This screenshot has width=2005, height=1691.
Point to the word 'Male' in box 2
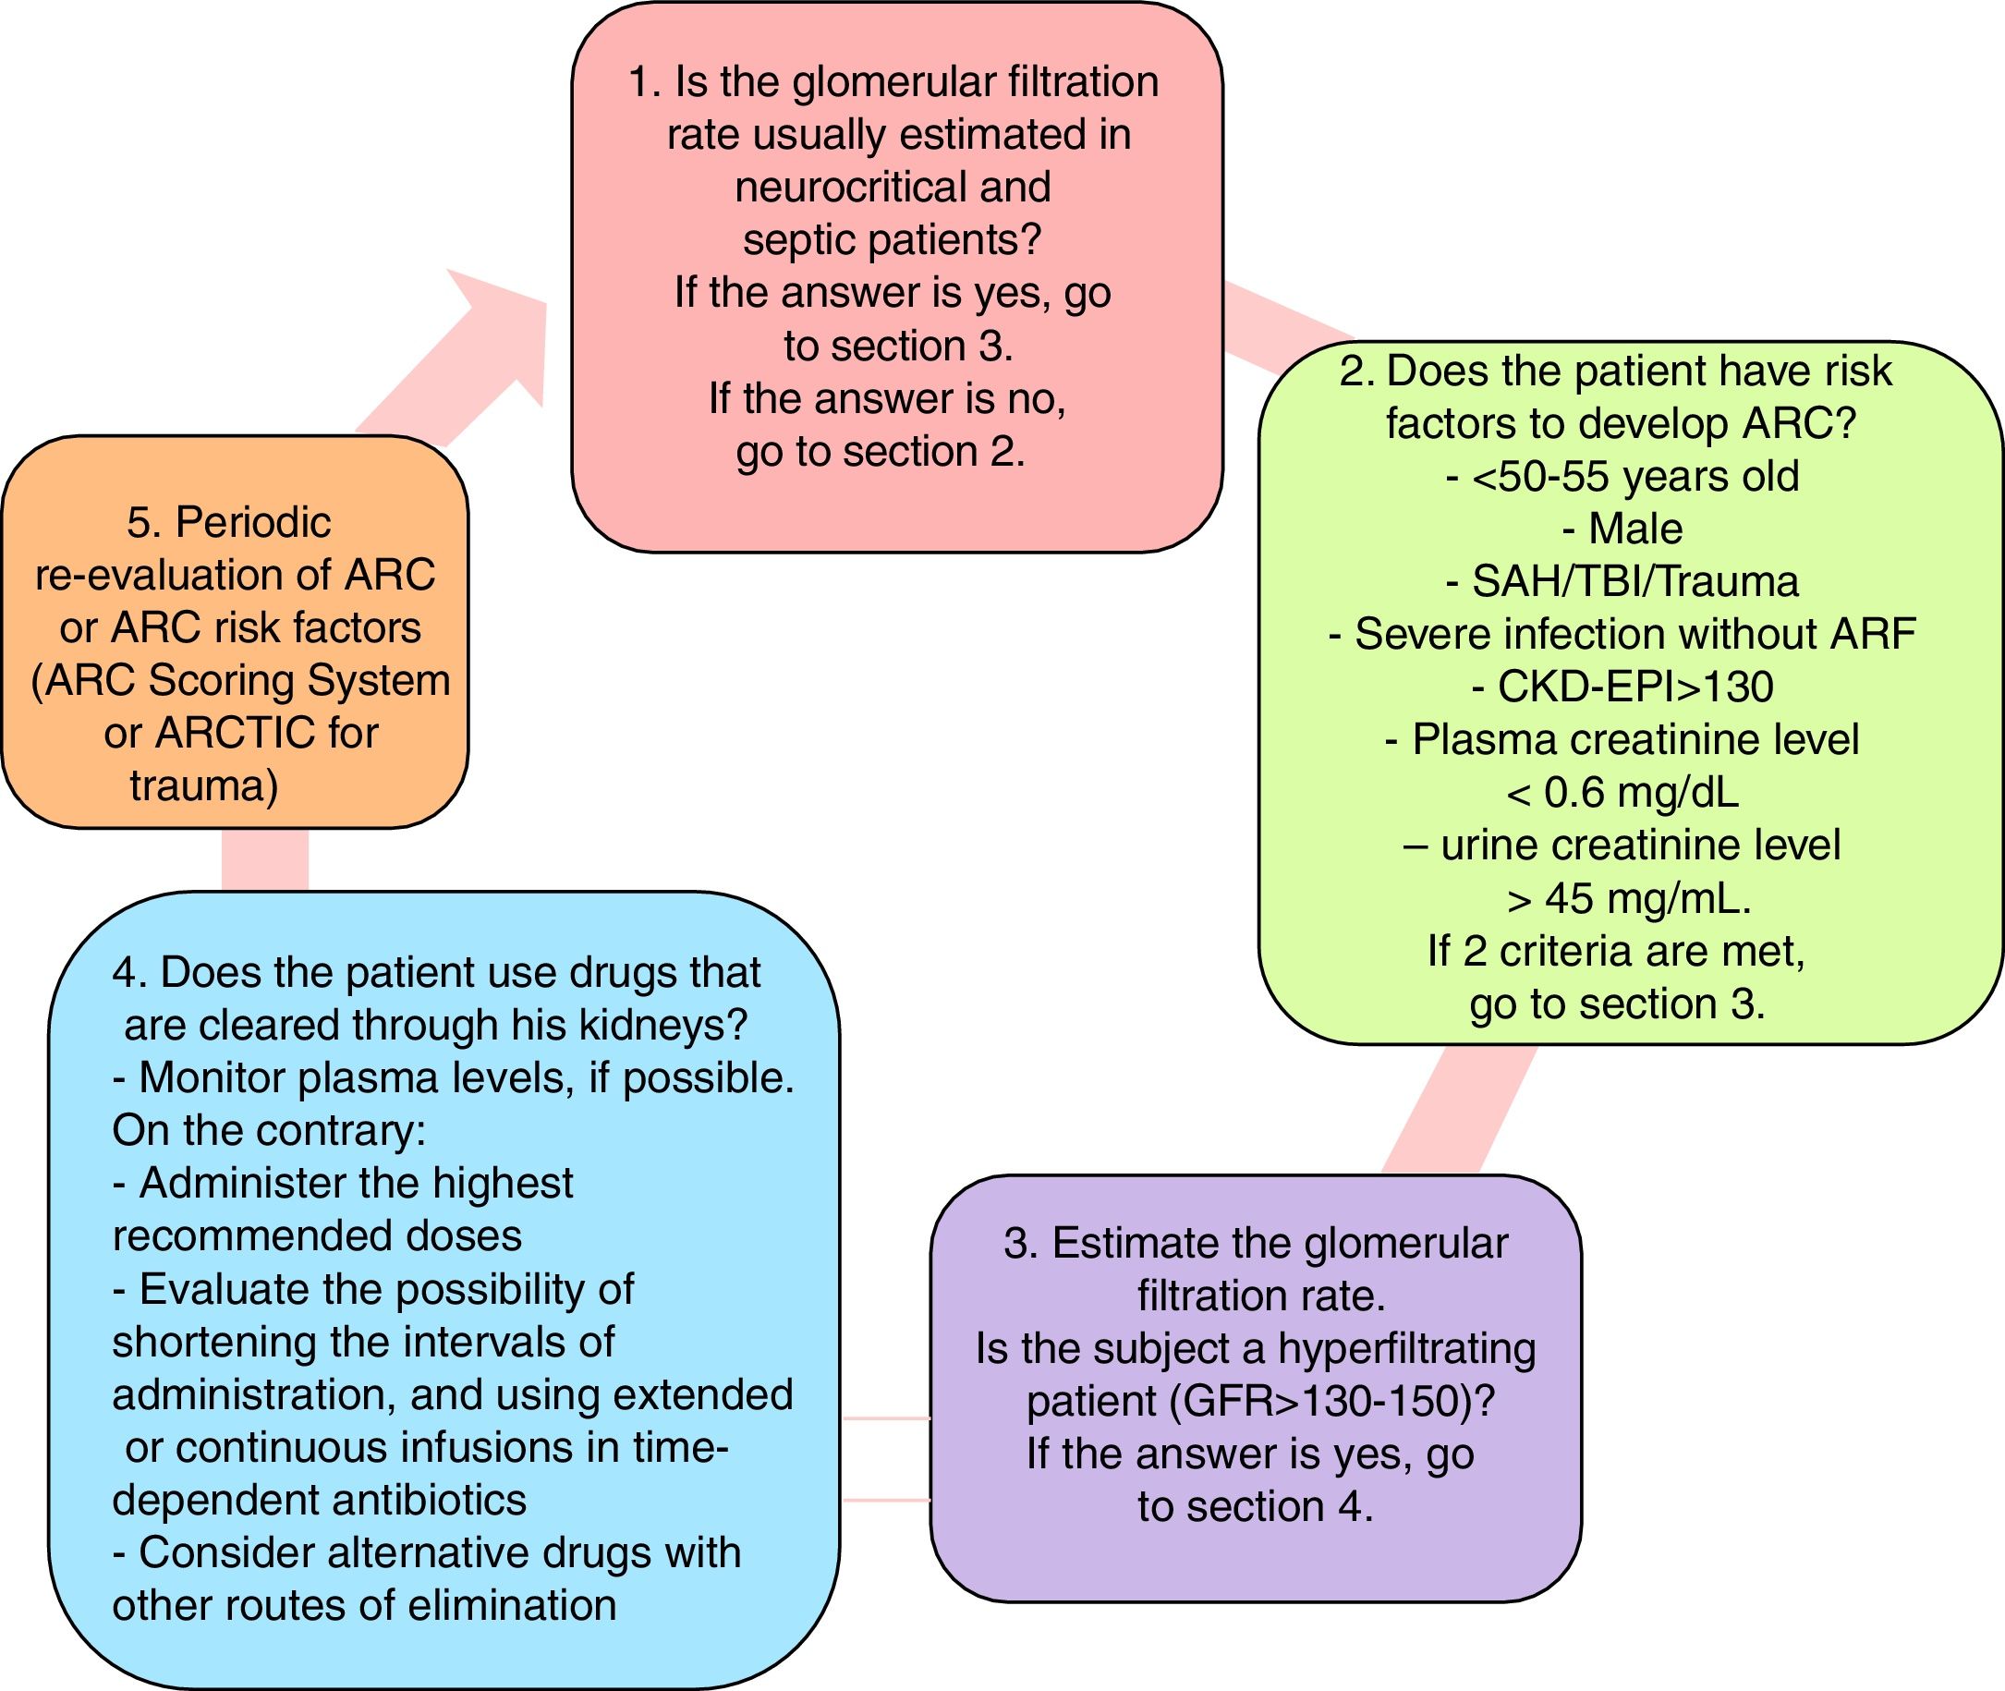click(1635, 529)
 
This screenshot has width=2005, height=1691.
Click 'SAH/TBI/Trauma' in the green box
click(1635, 582)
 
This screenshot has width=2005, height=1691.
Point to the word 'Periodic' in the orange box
click(253, 522)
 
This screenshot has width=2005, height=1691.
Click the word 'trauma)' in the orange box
click(204, 786)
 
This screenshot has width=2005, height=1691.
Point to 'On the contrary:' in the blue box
click(269, 1131)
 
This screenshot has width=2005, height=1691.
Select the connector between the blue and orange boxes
click(264, 860)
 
